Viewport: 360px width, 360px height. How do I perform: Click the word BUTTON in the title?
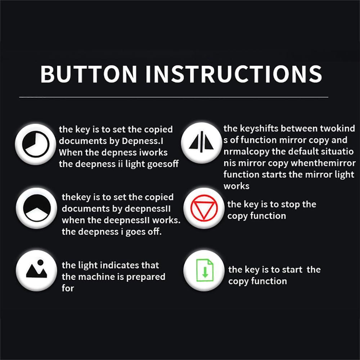coord(89,74)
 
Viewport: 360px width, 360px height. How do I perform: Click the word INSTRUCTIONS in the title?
coord(234,74)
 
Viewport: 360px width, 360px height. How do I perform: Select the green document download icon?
coord(204,270)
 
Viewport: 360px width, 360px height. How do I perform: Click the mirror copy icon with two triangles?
coord(201,141)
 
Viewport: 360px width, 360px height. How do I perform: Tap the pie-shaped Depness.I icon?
coord(36,144)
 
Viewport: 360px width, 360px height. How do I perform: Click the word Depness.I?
coord(143,141)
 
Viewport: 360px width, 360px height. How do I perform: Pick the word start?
coord(292,270)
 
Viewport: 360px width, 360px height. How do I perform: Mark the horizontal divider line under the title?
coord(174,97)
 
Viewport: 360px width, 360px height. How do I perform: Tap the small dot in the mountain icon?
coord(40,262)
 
